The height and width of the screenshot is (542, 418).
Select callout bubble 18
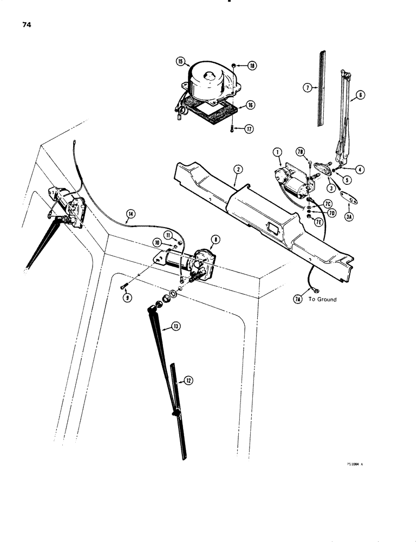point(252,66)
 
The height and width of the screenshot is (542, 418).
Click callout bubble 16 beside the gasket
point(251,105)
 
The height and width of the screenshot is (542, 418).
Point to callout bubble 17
point(251,128)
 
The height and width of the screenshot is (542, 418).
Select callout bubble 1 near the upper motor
point(278,154)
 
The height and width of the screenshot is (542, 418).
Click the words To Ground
point(323,299)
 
